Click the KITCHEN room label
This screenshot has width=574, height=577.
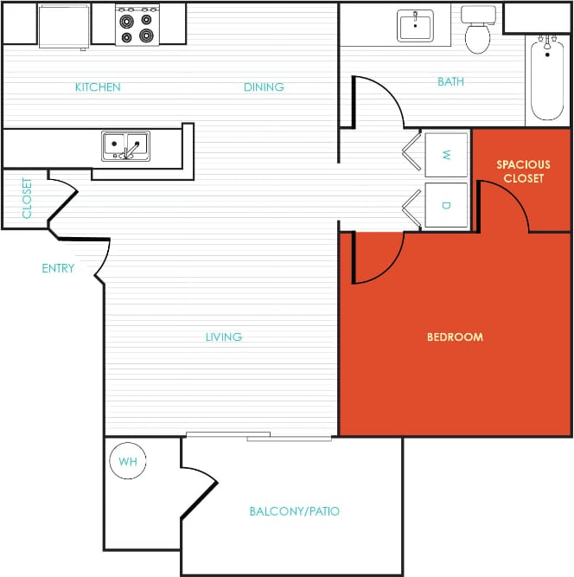tap(98, 87)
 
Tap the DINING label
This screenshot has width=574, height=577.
tap(264, 87)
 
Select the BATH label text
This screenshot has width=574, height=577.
tap(450, 82)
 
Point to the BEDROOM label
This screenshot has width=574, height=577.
tap(455, 337)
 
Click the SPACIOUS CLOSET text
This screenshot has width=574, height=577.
tap(523, 171)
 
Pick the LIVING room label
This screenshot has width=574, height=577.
tap(223, 337)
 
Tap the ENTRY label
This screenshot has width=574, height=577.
tap(58, 268)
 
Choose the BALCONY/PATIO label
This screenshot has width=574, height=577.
tap(294, 511)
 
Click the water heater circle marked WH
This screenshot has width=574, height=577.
tap(128, 462)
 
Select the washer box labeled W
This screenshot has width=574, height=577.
tap(446, 155)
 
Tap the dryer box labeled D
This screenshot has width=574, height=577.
tap(446, 205)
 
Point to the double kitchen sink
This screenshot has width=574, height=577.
tap(125, 145)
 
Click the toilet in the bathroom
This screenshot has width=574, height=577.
tap(476, 32)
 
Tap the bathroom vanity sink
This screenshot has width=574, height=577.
tap(416, 25)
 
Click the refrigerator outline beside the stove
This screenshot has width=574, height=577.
tap(65, 24)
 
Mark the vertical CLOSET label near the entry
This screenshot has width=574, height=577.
tap(27, 198)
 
